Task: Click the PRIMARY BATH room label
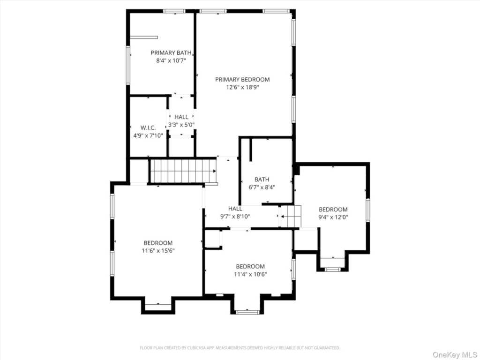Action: click(171, 52)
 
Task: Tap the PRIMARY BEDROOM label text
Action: click(242, 80)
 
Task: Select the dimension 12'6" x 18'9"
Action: click(242, 88)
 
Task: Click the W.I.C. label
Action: click(148, 127)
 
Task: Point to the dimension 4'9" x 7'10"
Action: click(148, 135)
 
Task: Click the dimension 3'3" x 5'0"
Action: click(181, 125)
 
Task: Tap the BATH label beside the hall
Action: click(262, 180)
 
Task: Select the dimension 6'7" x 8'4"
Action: click(262, 187)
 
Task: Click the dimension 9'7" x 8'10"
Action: click(235, 217)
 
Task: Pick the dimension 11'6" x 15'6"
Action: click(158, 251)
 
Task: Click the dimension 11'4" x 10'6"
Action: click(250, 274)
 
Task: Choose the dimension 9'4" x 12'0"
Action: click(333, 217)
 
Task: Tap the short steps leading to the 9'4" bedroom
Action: click(291, 217)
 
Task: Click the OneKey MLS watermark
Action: click(455, 355)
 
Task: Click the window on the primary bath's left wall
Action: click(128, 65)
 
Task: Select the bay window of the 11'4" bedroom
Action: click(248, 312)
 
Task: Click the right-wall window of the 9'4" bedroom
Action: click(368, 210)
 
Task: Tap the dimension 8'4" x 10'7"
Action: click(171, 60)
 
